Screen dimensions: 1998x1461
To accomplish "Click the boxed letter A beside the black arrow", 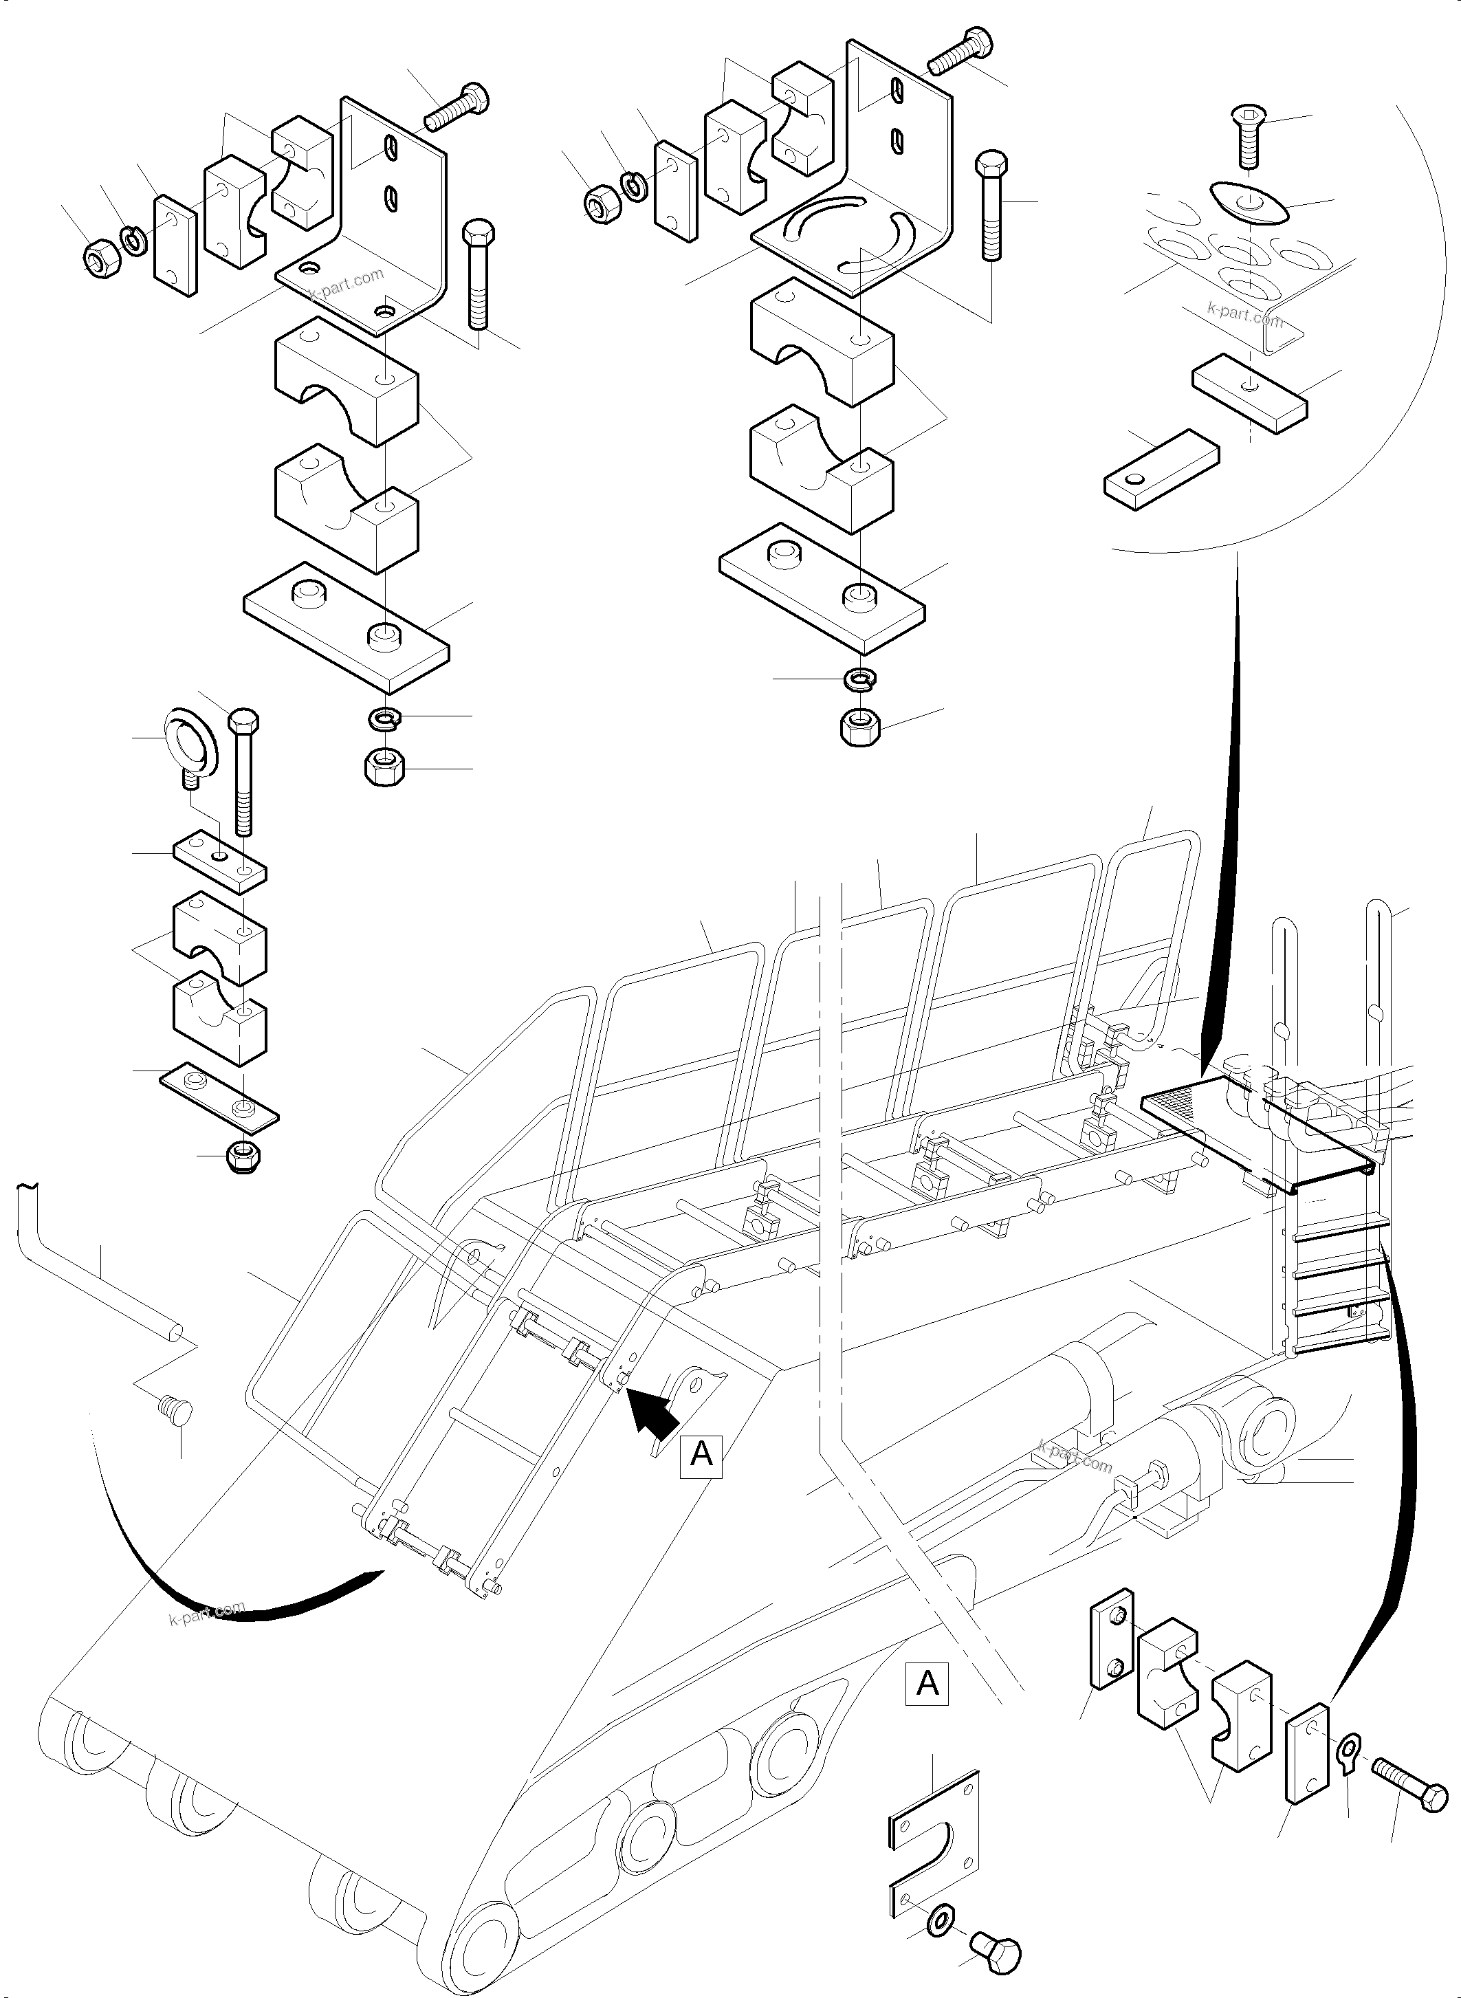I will pos(701,1453).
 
